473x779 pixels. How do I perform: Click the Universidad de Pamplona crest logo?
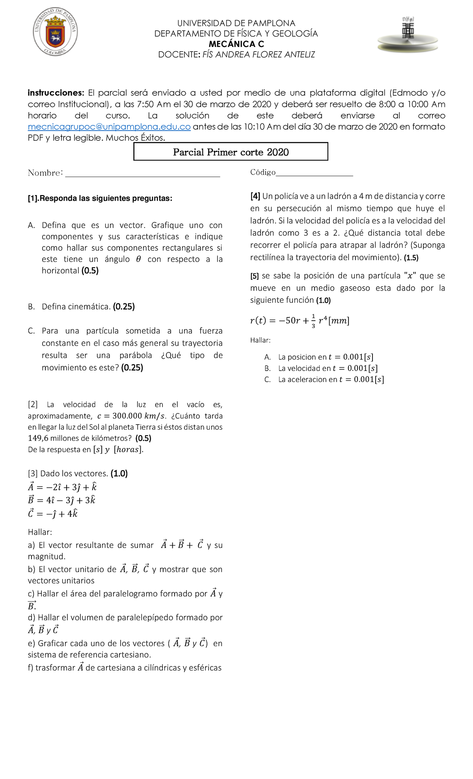(55, 32)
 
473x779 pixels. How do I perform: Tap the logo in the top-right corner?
(408, 35)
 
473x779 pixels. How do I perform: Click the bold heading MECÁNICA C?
(236, 44)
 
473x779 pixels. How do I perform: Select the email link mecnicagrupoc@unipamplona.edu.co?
(109, 127)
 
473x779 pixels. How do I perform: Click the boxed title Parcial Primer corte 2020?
(231, 152)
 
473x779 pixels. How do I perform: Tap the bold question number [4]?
(255, 196)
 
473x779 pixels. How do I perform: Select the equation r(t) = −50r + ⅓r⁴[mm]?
(300, 321)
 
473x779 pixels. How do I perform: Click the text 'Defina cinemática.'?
(76, 306)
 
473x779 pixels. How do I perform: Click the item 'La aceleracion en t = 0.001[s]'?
(331, 379)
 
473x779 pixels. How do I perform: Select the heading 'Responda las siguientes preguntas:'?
(106, 198)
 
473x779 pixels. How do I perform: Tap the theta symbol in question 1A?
(138, 259)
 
